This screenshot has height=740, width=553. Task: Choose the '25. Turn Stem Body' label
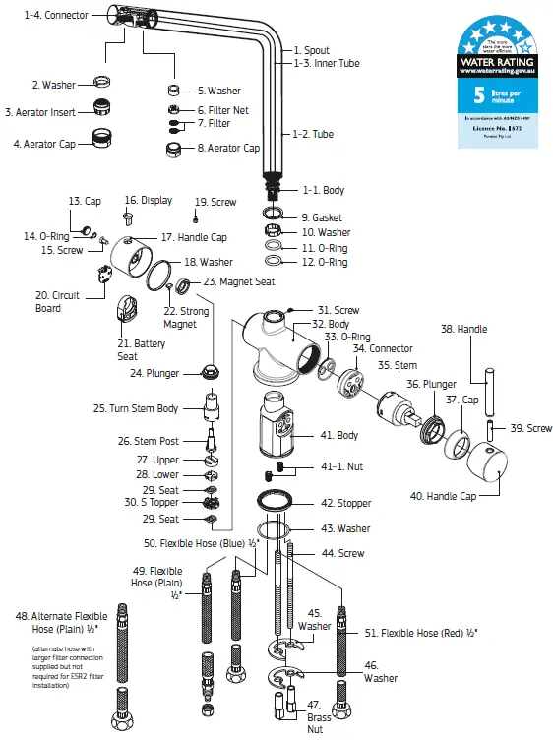pyautogui.click(x=136, y=408)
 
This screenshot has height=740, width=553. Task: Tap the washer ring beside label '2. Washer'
pyautogui.click(x=101, y=82)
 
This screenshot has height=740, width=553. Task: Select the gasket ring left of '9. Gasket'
pyautogui.click(x=274, y=214)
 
